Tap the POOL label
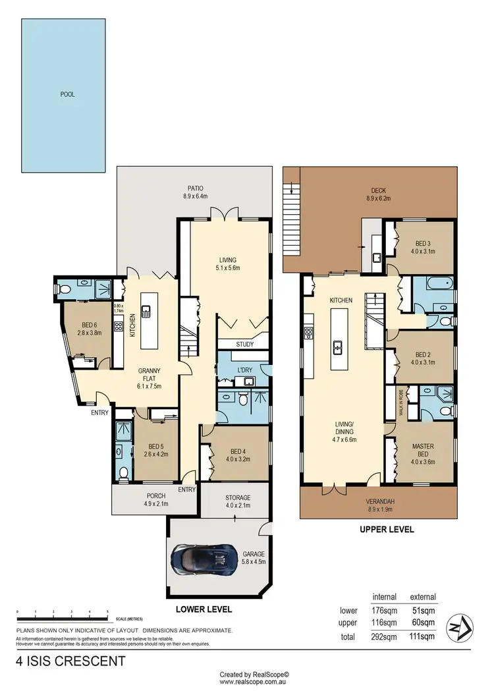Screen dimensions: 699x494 (x=67, y=94)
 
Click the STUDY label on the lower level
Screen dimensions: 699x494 (x=245, y=344)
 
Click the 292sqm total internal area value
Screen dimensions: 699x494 (x=384, y=637)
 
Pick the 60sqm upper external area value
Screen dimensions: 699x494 (x=422, y=623)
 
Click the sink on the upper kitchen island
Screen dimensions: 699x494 (x=338, y=346)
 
